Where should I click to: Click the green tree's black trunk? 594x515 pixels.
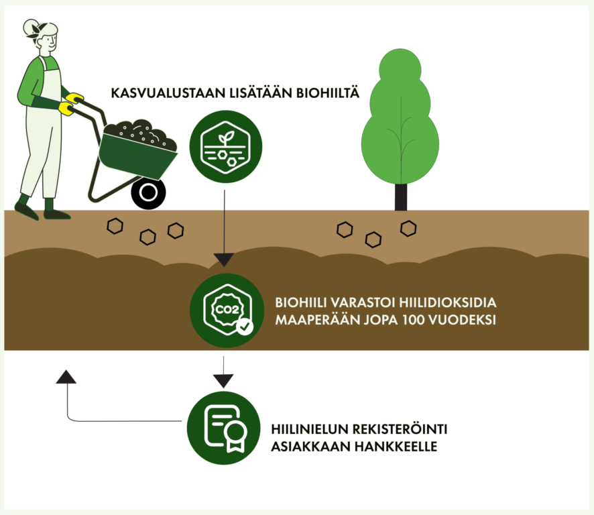point(401,196)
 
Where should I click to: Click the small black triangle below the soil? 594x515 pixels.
point(66,378)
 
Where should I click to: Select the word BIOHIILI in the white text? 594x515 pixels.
point(301,302)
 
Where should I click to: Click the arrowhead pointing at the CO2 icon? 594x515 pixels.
point(223,260)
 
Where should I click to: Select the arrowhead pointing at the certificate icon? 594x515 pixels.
point(223,381)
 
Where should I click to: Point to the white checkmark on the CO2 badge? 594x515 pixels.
point(245,327)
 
